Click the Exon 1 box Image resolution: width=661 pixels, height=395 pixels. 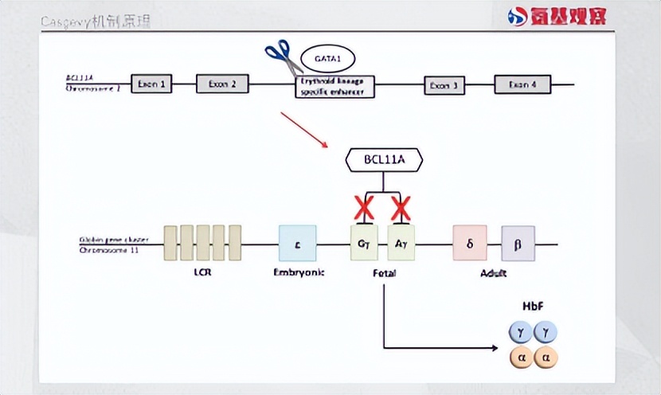pos(151,84)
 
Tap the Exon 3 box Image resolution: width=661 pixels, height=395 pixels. pos(444,85)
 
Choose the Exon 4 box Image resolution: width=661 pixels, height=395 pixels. pos(522,84)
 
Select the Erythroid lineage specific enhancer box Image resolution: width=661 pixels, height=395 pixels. pos(334,86)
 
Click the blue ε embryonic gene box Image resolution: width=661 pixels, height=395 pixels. pos(297,243)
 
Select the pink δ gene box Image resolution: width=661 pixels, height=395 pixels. pos(470,243)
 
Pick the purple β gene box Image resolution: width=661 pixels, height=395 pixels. pos(518,243)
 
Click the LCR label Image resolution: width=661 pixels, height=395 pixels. pos(202,273)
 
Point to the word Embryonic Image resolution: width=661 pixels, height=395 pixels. pos(297,273)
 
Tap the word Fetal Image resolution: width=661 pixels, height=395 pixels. pos(384,273)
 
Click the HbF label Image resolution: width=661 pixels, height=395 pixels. pos(534,307)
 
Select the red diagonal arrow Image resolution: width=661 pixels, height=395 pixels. pos(304,129)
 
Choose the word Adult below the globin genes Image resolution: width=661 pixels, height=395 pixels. pos(494,273)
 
